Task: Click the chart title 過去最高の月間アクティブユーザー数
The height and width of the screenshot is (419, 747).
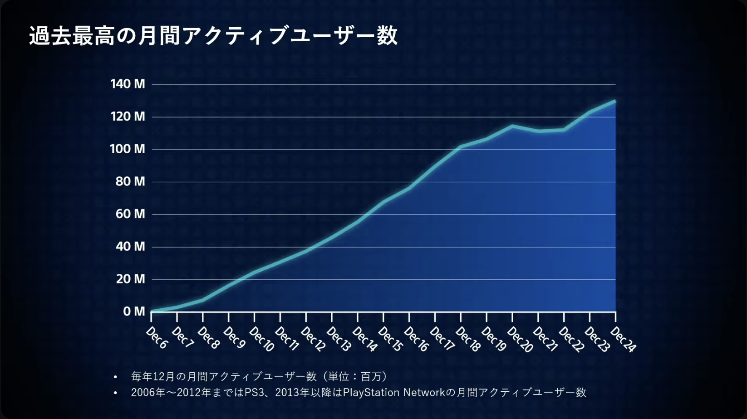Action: point(213,36)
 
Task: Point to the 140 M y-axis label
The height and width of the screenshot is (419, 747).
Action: point(128,84)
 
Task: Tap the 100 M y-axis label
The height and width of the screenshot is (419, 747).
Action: point(128,149)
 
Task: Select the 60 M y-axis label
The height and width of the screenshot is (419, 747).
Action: point(130,214)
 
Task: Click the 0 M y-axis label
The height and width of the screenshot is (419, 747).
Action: point(134,312)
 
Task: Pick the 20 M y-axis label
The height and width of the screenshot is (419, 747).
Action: point(130,279)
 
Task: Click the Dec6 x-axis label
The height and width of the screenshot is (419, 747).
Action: point(157,338)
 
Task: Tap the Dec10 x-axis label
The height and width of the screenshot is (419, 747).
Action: point(262,340)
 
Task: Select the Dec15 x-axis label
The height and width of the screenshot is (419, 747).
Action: point(391,340)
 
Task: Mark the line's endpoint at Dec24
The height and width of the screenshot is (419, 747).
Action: point(615,101)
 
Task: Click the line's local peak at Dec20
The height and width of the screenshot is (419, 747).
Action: point(512,126)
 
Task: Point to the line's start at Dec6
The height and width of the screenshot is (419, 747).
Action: point(152,311)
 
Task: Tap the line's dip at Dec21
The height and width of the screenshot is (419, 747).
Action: point(538,131)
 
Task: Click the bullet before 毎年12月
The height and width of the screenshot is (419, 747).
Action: point(116,377)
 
